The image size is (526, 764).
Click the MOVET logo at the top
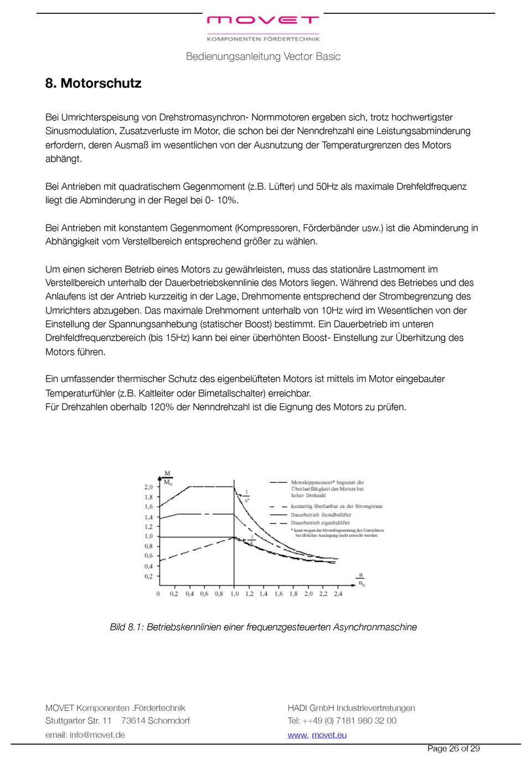pyautogui.click(x=263, y=20)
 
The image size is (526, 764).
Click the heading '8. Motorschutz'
pyautogui.click(x=93, y=84)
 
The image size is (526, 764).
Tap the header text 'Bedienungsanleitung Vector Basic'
pyautogui.click(x=263, y=57)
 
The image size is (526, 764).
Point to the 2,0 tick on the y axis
pyautogui.click(x=148, y=487)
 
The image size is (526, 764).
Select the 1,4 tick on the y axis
pyautogui.click(x=148, y=517)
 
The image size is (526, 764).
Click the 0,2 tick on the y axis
pyautogui.click(x=148, y=576)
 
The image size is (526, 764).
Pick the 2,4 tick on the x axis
pyautogui.click(x=338, y=594)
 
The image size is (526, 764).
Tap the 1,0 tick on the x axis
pyautogui.click(x=234, y=594)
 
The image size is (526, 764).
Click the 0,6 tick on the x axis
pyautogui.click(x=204, y=594)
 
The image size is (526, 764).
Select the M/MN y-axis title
pyautogui.click(x=168, y=478)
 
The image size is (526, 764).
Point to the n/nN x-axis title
pyautogui.click(x=361, y=579)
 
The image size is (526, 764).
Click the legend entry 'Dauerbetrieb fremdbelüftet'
pyautogui.click(x=321, y=515)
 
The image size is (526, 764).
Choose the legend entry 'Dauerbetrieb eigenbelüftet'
pyautogui.click(x=320, y=522)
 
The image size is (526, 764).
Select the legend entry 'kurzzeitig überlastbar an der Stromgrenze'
pyautogui.click(x=337, y=506)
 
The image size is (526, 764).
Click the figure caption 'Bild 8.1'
pyautogui.click(x=263, y=627)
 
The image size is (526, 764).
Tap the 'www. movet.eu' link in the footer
pyautogui.click(x=317, y=735)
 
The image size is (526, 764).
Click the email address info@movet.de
pyautogui.click(x=97, y=735)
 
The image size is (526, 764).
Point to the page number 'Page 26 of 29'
pyautogui.click(x=453, y=749)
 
